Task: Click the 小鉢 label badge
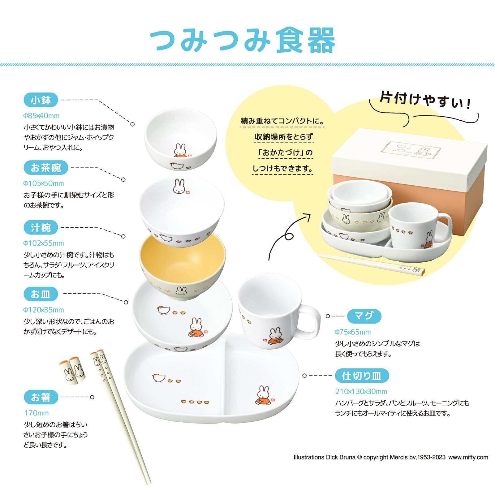pyautogui.click(x=41, y=100)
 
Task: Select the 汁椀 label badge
pyautogui.click(x=41, y=228)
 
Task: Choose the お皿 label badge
pyautogui.click(x=41, y=294)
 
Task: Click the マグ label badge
pyautogui.click(x=364, y=316)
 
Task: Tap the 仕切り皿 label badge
pyautogui.click(x=362, y=376)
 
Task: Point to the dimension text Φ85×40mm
pyautogui.click(x=41, y=116)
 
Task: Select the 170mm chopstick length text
pyautogui.click(x=37, y=413)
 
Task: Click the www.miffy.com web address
pyautogui.click(x=468, y=457)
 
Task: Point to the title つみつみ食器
pyautogui.click(x=243, y=40)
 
